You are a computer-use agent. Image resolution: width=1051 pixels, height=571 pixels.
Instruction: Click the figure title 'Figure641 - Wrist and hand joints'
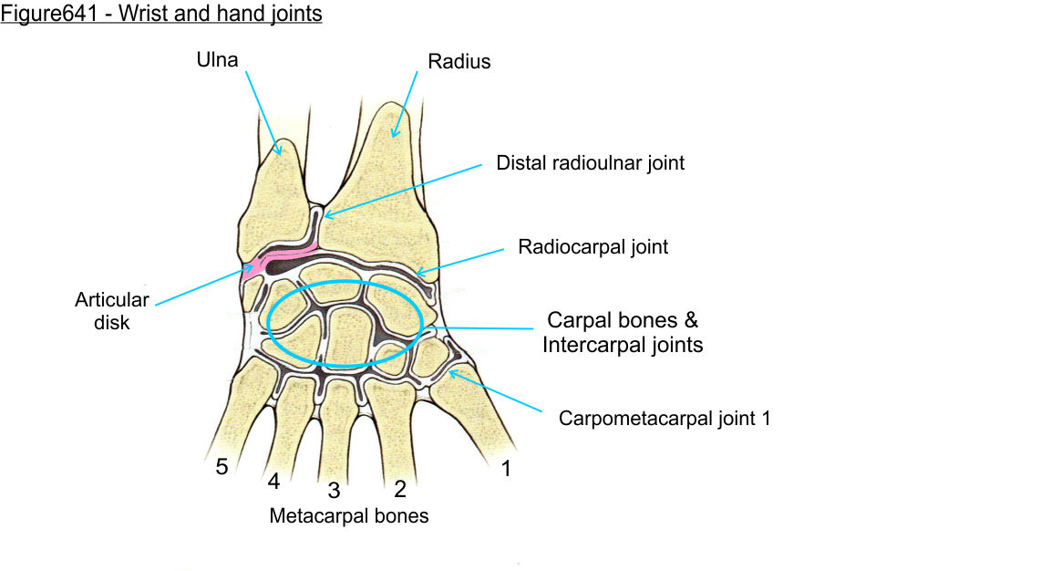click(161, 15)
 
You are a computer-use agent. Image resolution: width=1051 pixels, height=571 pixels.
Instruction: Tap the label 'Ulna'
click(217, 61)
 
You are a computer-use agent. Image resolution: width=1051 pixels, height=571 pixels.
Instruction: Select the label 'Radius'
click(459, 62)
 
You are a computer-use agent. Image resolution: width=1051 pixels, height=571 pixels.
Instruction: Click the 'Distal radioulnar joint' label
click(590, 163)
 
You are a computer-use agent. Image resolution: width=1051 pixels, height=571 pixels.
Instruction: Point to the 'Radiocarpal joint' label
click(592, 246)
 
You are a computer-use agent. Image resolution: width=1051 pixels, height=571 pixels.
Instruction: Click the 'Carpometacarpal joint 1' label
click(665, 419)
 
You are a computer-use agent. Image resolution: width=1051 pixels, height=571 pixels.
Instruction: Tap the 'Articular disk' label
click(112, 311)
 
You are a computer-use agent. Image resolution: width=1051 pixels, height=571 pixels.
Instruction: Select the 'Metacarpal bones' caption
click(348, 515)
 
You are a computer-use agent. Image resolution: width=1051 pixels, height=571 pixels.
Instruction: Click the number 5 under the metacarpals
click(222, 468)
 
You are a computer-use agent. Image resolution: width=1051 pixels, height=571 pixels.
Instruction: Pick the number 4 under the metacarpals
click(273, 480)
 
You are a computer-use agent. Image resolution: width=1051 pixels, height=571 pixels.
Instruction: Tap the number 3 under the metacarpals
click(334, 491)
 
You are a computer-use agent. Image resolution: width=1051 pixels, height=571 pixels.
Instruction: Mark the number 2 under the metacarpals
click(399, 489)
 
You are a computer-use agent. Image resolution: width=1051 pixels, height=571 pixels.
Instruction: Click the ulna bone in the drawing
click(273, 196)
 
